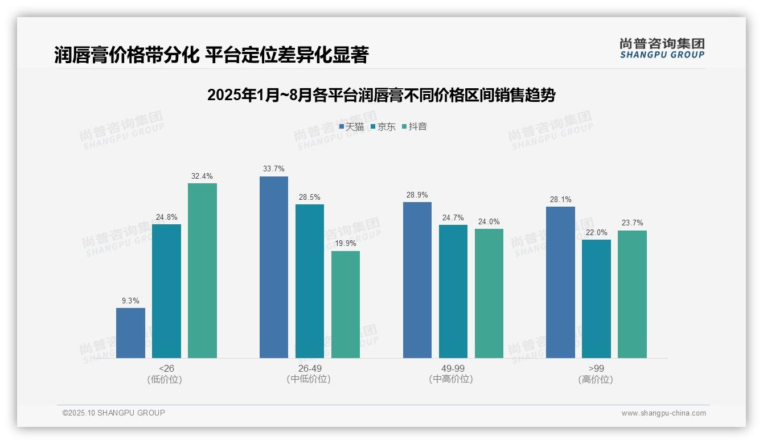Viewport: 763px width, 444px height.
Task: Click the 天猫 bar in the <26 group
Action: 130,333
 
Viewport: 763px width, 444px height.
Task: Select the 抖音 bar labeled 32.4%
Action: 202,270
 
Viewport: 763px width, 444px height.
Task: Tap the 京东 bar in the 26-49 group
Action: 310,281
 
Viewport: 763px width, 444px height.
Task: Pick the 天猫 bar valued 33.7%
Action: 274,267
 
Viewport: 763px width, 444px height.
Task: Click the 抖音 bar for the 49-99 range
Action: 489,293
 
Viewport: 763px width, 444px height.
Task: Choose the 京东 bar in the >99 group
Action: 596,299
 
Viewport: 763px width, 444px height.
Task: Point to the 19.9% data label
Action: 346,244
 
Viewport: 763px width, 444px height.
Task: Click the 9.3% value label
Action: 130,301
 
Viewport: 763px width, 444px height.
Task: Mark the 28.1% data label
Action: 560,199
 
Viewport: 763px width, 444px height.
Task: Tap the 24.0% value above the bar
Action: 489,221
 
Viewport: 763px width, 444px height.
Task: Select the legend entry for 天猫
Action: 351,126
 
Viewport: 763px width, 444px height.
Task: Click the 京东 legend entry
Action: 383,126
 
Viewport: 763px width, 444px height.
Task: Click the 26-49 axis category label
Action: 310,368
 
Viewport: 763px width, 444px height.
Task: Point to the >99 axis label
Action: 596,368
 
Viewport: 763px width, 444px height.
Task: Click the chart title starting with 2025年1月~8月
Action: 381,95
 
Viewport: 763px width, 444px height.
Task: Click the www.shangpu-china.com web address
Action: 663,413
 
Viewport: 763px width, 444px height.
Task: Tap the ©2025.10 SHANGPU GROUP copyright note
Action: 114,413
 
